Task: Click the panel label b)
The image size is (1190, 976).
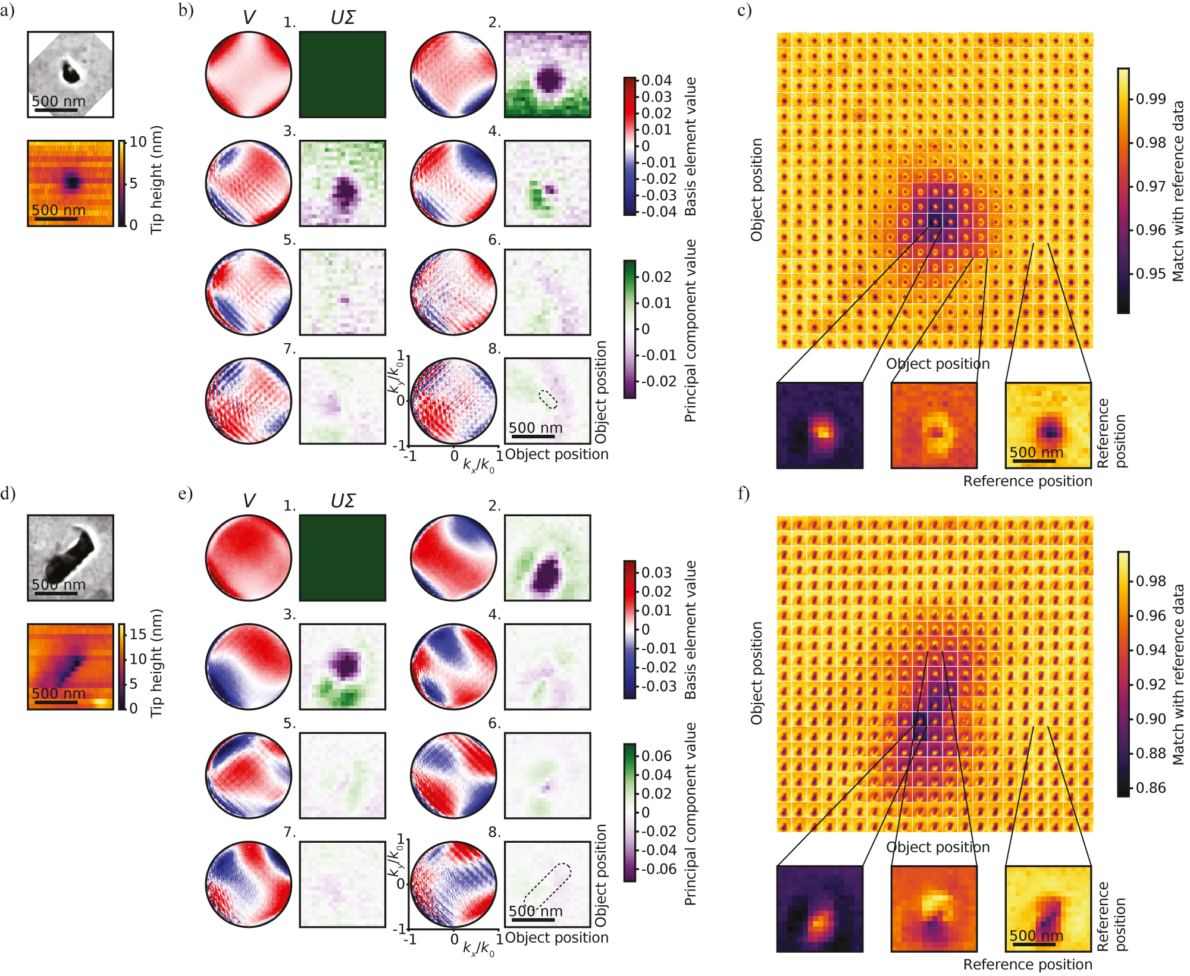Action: pos(186,11)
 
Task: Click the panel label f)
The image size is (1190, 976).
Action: pos(744,494)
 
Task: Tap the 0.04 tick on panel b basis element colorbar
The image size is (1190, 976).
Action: pos(656,80)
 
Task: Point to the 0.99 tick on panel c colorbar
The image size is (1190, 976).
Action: pos(1151,99)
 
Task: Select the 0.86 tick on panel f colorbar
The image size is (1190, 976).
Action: pos(1151,788)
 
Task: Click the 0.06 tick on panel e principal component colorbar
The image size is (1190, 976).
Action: pos(656,756)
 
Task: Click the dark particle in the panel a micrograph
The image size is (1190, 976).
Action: pos(71,73)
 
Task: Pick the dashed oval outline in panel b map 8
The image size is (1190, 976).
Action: pos(548,399)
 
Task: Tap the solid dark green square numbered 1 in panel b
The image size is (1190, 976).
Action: pos(342,74)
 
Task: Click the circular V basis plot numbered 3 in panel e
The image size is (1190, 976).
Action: pos(249,666)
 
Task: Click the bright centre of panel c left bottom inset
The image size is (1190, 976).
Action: pos(822,431)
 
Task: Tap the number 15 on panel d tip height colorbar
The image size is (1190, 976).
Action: pos(138,634)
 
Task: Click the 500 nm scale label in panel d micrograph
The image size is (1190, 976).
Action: pos(58,584)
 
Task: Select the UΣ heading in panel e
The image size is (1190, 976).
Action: pos(343,501)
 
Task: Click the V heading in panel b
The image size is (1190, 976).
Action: pos(249,17)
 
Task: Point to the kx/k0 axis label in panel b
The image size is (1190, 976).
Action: pos(478,465)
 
